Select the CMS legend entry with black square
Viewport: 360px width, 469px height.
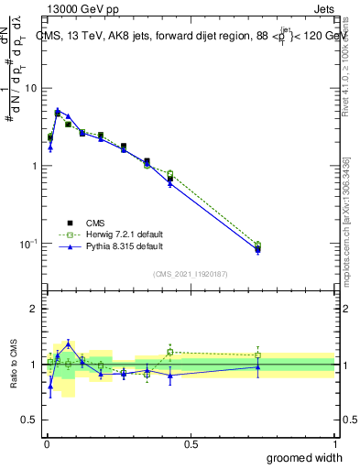[x=94, y=223]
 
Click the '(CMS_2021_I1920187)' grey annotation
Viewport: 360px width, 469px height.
[x=190, y=274]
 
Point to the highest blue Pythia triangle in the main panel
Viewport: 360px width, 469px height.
[x=58, y=110]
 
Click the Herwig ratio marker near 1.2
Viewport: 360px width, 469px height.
[x=170, y=352]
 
